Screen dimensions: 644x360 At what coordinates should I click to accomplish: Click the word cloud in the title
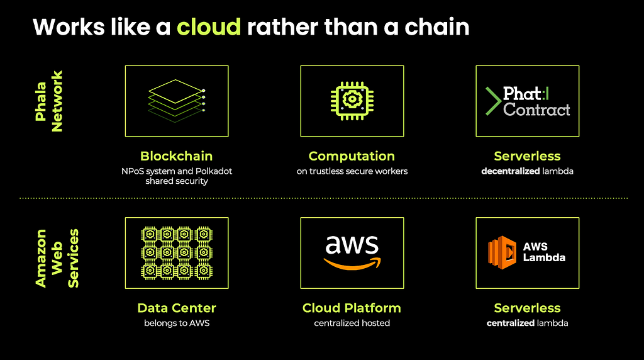[x=209, y=27]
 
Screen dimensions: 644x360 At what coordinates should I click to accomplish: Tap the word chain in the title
[x=437, y=27]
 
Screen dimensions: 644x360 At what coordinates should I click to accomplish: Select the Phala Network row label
[x=49, y=101]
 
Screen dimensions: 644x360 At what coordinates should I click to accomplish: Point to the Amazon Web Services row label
[x=57, y=258]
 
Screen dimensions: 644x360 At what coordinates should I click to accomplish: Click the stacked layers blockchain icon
[x=177, y=101]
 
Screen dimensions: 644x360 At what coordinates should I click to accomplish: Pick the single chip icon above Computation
[x=352, y=101]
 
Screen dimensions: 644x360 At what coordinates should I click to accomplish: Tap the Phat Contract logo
[x=528, y=101]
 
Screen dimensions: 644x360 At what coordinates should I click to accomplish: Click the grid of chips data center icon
[x=177, y=253]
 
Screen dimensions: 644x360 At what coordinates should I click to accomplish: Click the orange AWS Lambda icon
[x=502, y=252]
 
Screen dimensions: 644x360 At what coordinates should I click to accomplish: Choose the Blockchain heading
[x=177, y=156]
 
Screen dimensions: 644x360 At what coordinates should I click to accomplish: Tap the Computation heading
[x=352, y=156]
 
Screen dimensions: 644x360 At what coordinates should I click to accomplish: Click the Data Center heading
[x=177, y=308]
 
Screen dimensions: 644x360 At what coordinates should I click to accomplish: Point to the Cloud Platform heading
[x=352, y=308]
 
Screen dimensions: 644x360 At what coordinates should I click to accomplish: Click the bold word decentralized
[x=511, y=171]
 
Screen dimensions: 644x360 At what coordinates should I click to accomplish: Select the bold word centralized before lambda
[x=511, y=323]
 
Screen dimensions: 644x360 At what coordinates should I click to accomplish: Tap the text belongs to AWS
[x=177, y=323]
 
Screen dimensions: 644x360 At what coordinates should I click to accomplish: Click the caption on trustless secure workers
[x=352, y=171]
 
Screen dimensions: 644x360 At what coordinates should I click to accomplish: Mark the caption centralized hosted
[x=352, y=323]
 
